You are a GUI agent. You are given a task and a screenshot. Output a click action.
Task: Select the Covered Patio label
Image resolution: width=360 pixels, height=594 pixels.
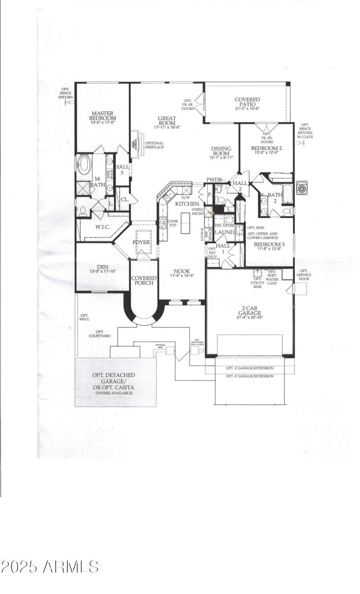point(247,102)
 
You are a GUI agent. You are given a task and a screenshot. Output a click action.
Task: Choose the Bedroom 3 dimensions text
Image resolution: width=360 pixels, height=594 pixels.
point(269,248)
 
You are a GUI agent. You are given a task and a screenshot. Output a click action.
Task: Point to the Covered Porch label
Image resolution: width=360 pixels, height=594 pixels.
point(144,281)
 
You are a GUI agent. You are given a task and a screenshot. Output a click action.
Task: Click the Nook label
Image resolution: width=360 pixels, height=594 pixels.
point(182,271)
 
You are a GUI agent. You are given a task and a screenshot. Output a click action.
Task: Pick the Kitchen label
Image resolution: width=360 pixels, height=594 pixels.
point(187,204)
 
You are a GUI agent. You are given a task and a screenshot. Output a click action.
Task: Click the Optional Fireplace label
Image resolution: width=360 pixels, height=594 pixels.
point(154,145)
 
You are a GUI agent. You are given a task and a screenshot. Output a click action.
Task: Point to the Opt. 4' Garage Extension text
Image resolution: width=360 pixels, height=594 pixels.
point(249,376)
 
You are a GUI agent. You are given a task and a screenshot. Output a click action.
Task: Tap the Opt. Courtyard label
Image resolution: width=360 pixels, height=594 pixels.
point(99,333)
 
